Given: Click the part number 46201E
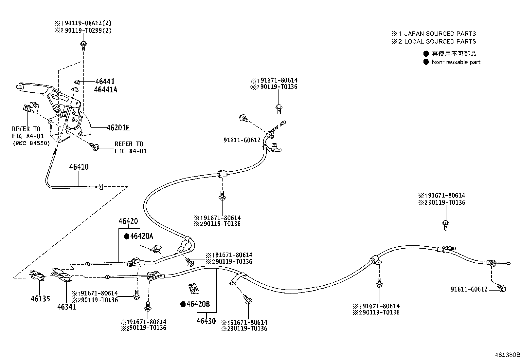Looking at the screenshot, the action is point(118,128).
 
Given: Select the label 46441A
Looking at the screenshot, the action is point(106,90).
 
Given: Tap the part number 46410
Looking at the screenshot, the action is point(79,167).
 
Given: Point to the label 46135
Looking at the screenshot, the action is point(41,298).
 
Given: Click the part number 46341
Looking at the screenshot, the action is point(67,307).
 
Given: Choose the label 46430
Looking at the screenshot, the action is point(206,321).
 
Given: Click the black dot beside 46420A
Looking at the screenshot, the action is point(127,237).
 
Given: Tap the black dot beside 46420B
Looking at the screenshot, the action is point(183,304).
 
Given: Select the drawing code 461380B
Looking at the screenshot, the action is point(507,355).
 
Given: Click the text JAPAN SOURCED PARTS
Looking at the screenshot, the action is point(440,33).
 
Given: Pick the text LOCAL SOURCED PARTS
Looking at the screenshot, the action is point(440,42).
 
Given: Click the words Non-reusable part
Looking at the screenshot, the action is point(456,62).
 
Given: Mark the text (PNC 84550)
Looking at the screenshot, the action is point(31,143).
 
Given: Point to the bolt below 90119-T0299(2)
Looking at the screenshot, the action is point(83,46).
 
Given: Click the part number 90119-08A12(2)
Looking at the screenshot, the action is point(88,23).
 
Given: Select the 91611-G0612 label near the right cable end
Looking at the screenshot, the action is point(469,289).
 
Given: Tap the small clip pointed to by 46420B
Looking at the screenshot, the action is point(194,289).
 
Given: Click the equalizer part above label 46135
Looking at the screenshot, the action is point(37,275).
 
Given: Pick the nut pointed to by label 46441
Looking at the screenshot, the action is point(77,82).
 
